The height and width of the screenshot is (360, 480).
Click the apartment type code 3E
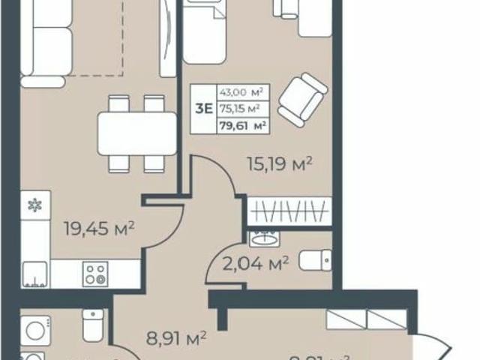pyautogui.click(x=202, y=106)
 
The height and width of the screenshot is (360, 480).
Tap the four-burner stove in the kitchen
pyautogui.click(x=94, y=273)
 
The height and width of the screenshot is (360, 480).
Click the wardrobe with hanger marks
pyautogui.click(x=289, y=211)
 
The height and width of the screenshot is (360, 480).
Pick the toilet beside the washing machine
pyautogui.click(x=93, y=325)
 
